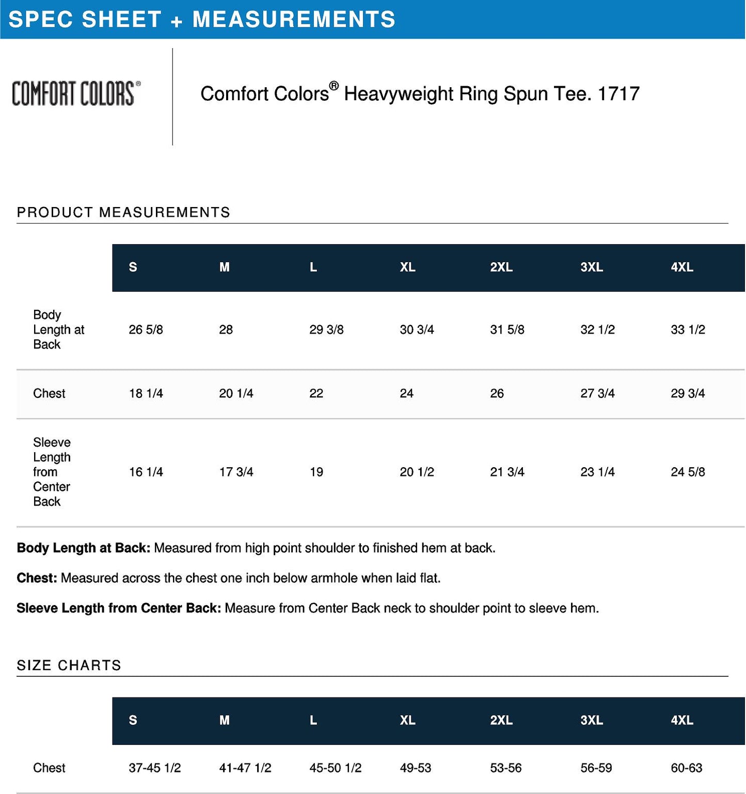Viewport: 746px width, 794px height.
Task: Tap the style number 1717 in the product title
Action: pyautogui.click(x=618, y=94)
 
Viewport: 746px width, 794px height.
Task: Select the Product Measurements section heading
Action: pyautogui.click(x=123, y=212)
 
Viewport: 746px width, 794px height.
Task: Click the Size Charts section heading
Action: pyautogui.click(x=69, y=665)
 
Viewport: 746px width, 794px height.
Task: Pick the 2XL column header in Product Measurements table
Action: pyautogui.click(x=501, y=267)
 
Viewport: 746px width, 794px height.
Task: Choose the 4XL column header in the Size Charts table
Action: pyautogui.click(x=681, y=720)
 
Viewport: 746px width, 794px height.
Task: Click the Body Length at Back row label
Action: pyautogui.click(x=58, y=329)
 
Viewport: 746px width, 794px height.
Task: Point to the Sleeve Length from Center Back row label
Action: pyautogui.click(x=52, y=472)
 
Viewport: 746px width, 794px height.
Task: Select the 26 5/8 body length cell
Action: pyautogui.click(x=146, y=329)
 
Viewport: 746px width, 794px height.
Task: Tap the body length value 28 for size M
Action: pyautogui.click(x=226, y=329)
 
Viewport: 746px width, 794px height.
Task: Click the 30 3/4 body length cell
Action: pyautogui.click(x=417, y=329)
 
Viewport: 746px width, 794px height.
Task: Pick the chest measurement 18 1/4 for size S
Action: pyautogui.click(x=146, y=393)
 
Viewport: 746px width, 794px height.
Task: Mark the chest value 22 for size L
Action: pyautogui.click(x=316, y=393)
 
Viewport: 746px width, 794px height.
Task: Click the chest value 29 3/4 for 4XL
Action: pyautogui.click(x=688, y=393)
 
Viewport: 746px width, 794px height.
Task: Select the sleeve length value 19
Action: pyautogui.click(x=316, y=472)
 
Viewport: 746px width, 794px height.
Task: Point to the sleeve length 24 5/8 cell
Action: pyautogui.click(x=688, y=472)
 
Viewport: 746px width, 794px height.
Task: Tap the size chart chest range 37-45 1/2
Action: pyautogui.click(x=154, y=768)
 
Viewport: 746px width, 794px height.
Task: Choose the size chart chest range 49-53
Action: pyautogui.click(x=415, y=768)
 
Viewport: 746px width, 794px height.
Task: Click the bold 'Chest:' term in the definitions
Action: pyautogui.click(x=37, y=578)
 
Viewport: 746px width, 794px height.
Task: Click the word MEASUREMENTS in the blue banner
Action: pyautogui.click(x=294, y=20)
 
